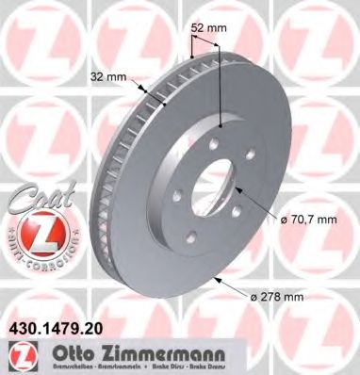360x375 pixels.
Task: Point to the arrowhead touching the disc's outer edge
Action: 221,280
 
